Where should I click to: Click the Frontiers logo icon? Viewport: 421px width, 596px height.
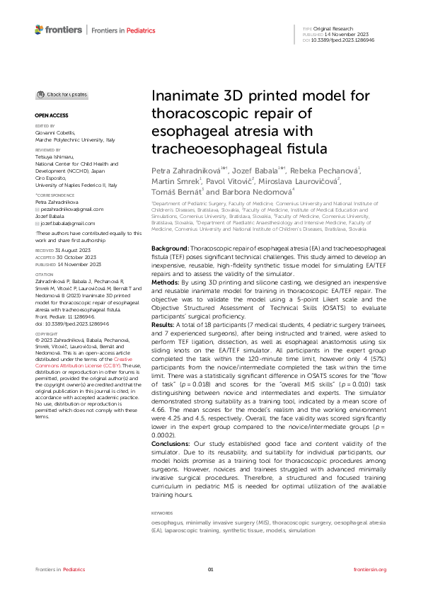click(39, 30)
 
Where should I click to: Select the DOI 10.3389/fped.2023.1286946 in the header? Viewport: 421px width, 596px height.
click(349, 40)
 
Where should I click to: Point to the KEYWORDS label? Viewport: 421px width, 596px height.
click(162, 513)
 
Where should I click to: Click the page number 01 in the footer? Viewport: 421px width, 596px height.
click(210, 570)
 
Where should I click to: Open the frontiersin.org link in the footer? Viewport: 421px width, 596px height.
click(369, 570)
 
